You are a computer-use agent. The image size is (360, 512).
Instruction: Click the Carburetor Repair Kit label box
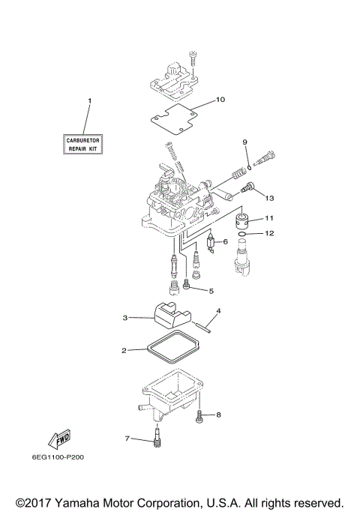point(83,144)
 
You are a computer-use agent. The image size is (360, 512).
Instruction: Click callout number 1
point(89,100)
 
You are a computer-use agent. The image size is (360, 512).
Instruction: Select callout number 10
point(220,99)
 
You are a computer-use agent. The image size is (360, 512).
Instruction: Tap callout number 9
point(244,142)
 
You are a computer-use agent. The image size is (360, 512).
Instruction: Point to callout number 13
point(270,198)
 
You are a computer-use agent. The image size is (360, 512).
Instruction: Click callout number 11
point(269,218)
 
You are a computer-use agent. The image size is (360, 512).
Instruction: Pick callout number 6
point(225,242)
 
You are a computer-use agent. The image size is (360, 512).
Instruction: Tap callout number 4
point(218,310)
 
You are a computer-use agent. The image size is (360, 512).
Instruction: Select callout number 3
point(125,318)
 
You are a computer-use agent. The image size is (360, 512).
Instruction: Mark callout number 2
point(124,350)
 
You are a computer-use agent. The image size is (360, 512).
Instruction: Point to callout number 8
point(219,415)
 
